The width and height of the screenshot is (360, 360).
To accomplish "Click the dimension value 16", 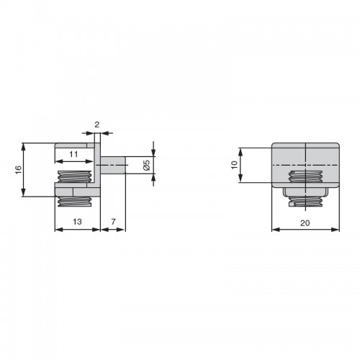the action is pos(19,170).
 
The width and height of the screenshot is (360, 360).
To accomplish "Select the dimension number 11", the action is pos(73,154).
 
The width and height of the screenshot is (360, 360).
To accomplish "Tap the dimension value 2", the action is pos(96,125).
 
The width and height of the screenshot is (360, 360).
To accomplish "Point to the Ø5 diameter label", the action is pos(147,165).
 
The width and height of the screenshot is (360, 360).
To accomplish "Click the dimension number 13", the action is pos(77,222).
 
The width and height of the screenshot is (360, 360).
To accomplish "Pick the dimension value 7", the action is pos(113,222).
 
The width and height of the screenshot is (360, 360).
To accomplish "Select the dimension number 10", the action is pos(234,165).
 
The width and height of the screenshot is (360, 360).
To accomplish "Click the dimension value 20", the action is pos(305,223).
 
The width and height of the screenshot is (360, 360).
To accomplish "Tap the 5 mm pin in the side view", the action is pos(113,165).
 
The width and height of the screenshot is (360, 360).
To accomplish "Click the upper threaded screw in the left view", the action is pos(74,176).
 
